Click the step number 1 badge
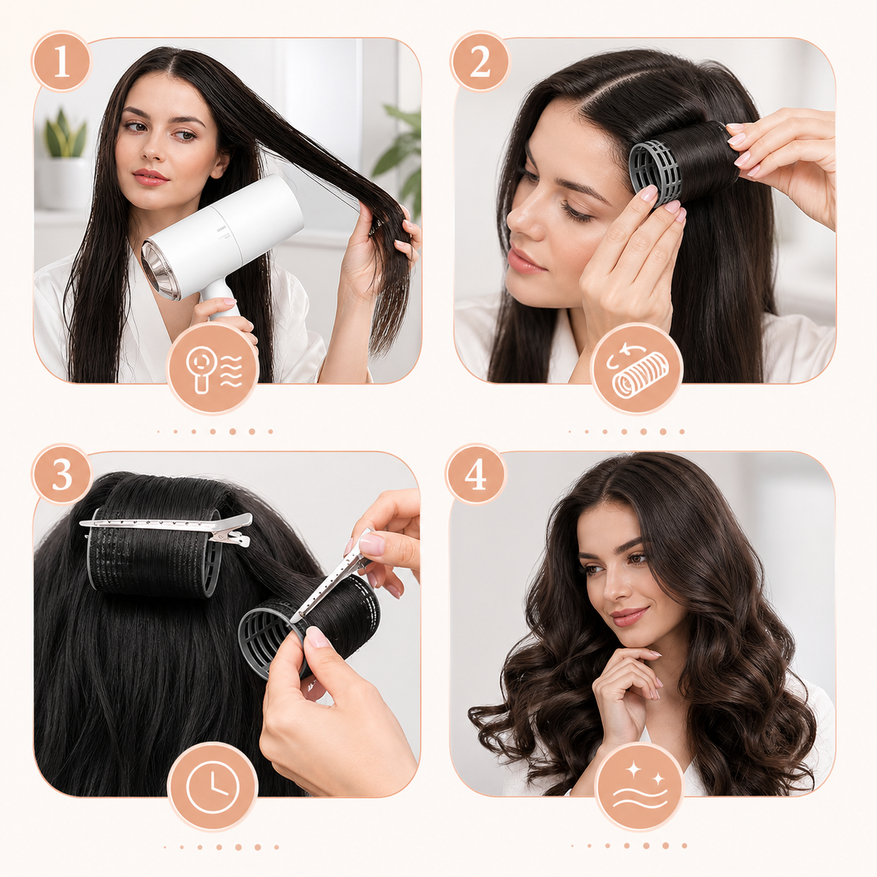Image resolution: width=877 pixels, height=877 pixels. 62,62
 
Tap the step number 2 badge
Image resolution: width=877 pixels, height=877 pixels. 480,62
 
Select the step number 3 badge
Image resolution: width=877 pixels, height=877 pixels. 62,474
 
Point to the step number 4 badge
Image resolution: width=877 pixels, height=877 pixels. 476,474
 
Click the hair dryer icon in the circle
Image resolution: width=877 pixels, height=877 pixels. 213,368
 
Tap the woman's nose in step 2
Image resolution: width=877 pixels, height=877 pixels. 520,215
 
